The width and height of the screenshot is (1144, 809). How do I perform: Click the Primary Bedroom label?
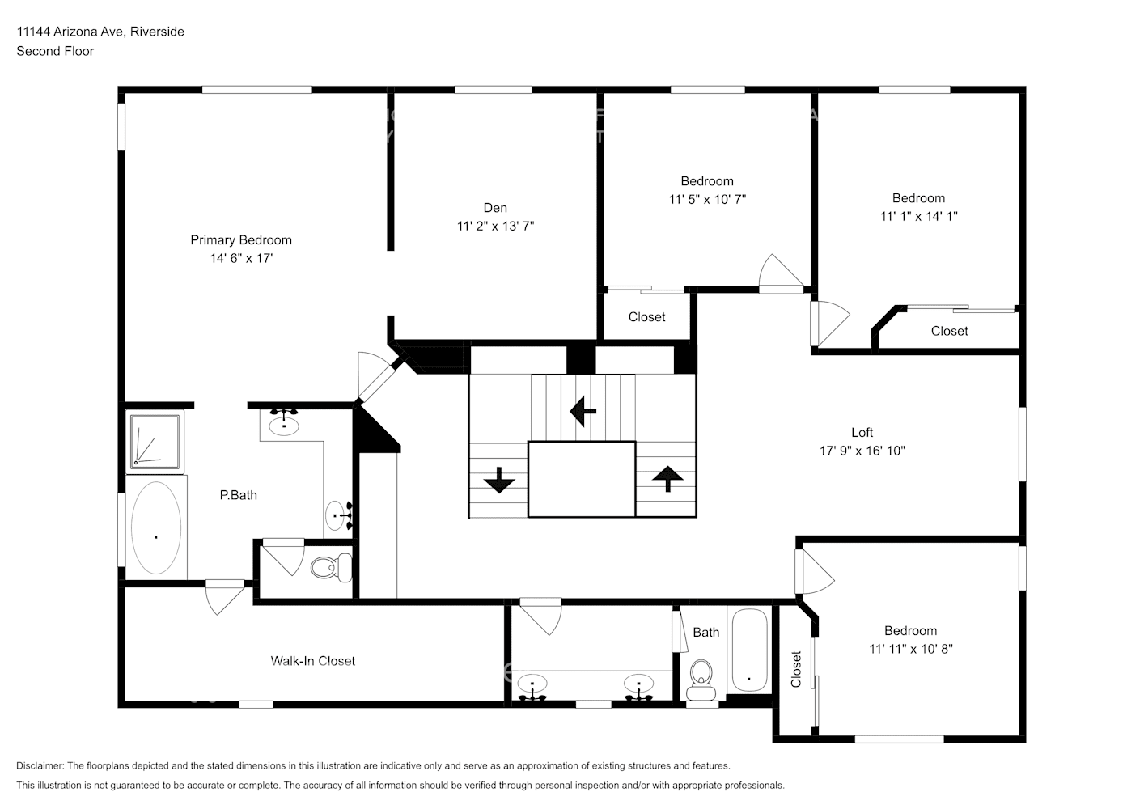(x=240, y=240)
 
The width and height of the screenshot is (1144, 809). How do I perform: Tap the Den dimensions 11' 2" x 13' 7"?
(x=495, y=227)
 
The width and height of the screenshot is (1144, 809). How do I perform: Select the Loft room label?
(x=862, y=433)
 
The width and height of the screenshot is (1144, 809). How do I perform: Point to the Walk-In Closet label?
(x=312, y=661)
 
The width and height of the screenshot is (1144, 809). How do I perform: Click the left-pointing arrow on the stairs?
(x=583, y=411)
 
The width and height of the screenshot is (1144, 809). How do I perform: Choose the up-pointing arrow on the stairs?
(x=667, y=479)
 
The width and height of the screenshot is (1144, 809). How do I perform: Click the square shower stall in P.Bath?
(x=155, y=441)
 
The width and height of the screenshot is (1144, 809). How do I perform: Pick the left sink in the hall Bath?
(x=532, y=686)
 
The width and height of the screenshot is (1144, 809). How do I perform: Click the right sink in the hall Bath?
(x=639, y=686)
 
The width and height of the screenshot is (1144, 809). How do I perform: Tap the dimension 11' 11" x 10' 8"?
(x=910, y=649)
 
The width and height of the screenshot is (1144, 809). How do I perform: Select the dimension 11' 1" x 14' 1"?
(x=918, y=216)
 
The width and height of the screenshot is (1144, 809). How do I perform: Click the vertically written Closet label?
(x=796, y=669)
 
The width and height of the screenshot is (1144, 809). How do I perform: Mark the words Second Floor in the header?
(x=55, y=51)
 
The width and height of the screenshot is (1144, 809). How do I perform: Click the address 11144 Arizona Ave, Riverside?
(x=100, y=32)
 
